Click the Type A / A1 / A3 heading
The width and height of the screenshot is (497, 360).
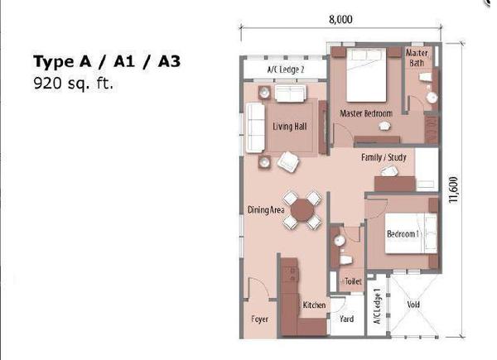107,62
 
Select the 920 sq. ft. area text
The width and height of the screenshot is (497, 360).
73,84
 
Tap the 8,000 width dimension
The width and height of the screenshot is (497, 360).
340,19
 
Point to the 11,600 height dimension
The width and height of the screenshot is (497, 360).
454,190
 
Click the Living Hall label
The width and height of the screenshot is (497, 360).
290,127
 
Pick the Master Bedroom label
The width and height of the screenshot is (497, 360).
366,113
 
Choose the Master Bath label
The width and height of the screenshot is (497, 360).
417,58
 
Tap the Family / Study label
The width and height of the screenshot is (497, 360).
384,157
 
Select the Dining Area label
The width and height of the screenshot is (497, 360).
266,210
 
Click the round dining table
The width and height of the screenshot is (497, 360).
302,210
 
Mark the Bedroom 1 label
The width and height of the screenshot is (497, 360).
403,234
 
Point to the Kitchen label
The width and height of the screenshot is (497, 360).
314,305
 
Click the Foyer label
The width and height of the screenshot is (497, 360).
259,319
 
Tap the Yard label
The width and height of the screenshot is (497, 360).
347,319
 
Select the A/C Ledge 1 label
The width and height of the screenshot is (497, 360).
377,306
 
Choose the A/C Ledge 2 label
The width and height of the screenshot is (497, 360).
286,70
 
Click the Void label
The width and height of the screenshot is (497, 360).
413,305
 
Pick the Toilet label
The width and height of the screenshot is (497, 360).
353,281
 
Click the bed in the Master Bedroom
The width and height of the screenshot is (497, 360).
366,75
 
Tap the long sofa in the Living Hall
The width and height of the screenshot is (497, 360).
255,127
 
